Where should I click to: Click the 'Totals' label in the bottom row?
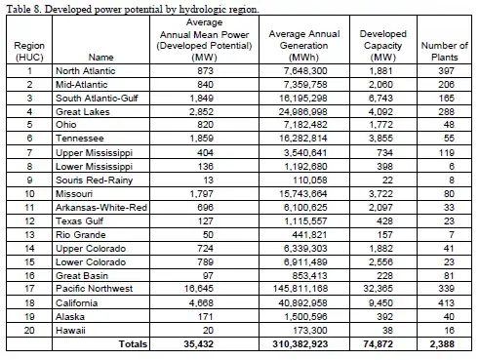(x=131, y=344)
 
